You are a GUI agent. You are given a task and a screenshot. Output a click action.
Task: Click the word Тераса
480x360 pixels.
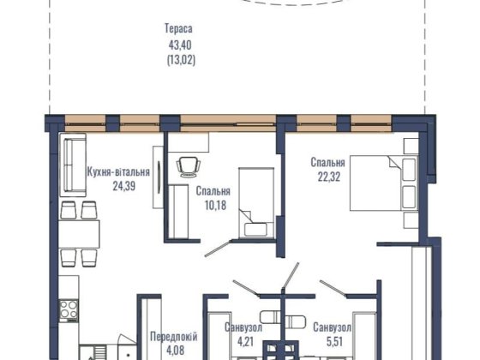179,28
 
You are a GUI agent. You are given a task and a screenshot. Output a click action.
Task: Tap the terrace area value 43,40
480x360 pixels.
180,45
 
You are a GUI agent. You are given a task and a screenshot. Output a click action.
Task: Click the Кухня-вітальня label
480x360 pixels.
118,171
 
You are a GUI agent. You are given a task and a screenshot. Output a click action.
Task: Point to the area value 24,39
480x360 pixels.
124,186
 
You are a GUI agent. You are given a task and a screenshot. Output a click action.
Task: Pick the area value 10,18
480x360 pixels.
215,205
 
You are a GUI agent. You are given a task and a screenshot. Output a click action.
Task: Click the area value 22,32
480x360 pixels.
329,177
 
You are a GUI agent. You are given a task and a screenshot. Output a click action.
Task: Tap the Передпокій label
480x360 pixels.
173,337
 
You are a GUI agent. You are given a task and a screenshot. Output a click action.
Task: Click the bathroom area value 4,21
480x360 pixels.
245,341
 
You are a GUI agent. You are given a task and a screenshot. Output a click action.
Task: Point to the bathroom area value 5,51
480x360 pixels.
334,341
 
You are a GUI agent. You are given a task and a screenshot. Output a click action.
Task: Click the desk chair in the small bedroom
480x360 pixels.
189,167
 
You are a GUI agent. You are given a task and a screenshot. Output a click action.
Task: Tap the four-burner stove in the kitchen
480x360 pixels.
69,309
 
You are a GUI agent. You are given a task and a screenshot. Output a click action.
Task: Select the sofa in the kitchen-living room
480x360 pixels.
73,165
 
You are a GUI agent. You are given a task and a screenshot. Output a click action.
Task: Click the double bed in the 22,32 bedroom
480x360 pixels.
384,183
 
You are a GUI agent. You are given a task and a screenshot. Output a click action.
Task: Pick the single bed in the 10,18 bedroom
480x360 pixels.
256,202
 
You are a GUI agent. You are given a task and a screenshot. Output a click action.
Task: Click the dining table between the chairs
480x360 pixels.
79,234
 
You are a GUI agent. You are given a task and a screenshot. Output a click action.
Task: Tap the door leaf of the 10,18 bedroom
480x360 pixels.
218,249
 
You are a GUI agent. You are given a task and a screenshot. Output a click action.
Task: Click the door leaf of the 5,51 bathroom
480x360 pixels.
333,288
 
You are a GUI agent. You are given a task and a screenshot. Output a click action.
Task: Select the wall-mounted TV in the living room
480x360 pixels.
159,177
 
